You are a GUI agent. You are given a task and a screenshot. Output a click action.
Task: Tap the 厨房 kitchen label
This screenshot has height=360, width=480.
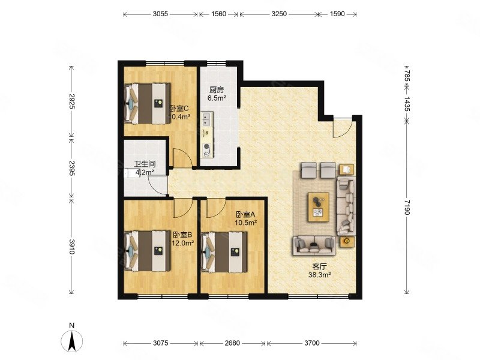(217, 90)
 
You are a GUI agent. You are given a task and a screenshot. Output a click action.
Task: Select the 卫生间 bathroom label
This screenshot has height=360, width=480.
(145, 164)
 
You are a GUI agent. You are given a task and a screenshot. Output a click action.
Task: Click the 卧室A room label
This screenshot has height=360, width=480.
(245, 214)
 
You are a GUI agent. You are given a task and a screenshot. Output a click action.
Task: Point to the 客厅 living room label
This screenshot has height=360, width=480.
(319, 266)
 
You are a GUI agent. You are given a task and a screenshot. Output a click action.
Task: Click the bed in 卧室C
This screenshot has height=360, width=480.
(148, 103)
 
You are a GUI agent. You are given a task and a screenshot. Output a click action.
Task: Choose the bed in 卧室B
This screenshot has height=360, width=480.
(148, 251)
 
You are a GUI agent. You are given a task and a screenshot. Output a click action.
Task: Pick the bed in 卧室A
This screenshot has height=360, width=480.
(224, 252)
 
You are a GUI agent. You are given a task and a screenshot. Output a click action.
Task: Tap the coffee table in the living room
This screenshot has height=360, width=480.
(319, 207)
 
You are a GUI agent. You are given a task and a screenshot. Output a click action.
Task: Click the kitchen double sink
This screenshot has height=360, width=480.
(207, 119)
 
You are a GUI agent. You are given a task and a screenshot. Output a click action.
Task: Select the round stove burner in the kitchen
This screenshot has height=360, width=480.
(207, 146)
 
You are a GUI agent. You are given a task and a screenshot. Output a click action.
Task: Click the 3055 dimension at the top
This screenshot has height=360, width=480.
(160, 14)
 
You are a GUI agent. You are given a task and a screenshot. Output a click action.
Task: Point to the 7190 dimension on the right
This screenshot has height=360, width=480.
(407, 207)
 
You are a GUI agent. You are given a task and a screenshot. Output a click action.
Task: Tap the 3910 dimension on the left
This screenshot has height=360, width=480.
(71, 247)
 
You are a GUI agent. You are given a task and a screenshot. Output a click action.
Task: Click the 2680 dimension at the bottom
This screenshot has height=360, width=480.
(232, 343)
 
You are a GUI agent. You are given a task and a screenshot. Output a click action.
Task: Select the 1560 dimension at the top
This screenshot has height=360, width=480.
(218, 14)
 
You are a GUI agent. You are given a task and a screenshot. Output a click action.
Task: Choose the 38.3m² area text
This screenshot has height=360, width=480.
(319, 275)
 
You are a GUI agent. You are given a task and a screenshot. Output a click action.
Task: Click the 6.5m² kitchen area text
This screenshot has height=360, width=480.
(217, 98)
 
